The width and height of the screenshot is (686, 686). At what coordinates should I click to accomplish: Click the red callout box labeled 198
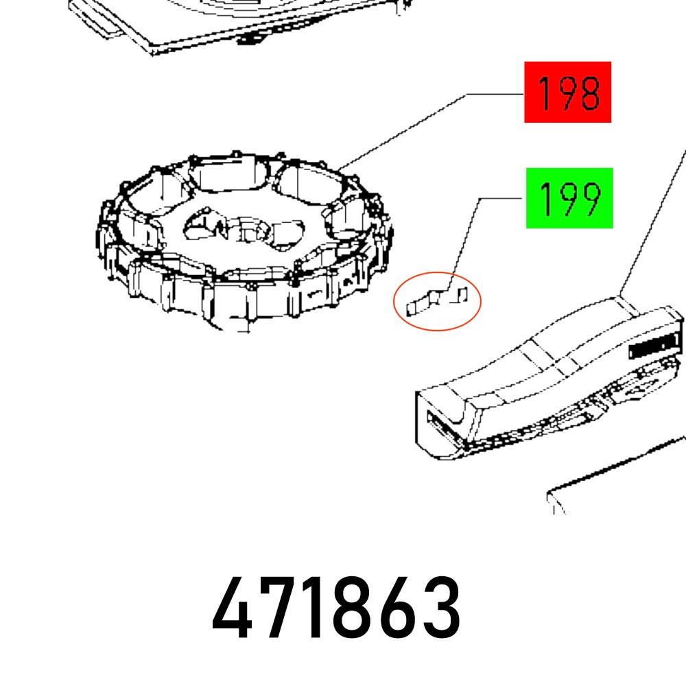[567, 92]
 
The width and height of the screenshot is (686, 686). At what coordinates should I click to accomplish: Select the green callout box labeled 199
[569, 198]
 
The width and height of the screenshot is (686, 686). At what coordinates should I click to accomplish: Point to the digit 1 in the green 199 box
[545, 199]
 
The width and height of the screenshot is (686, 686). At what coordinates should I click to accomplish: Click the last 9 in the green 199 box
[590, 199]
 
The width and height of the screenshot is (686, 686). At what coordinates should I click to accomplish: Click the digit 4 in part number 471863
[232, 607]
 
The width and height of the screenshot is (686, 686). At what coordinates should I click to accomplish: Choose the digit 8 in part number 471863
[355, 607]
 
